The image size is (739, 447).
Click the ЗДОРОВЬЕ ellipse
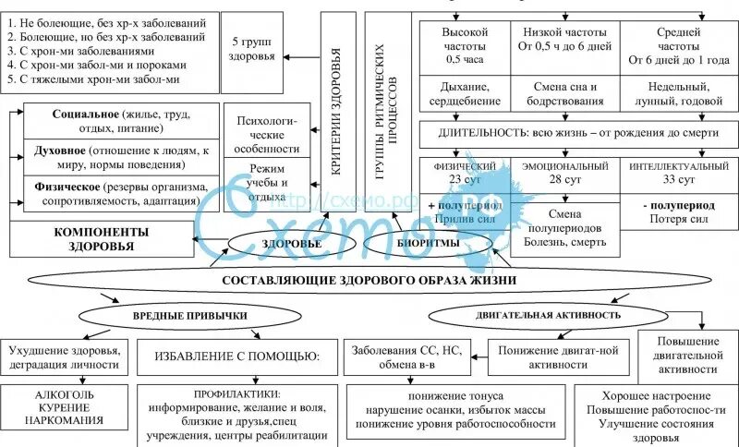pos(293,244)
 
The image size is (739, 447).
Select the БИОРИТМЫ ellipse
pos(429,243)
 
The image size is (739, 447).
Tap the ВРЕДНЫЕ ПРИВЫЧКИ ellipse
pos(186,315)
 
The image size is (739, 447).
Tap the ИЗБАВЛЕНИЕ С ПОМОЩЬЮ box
pos(236,356)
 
